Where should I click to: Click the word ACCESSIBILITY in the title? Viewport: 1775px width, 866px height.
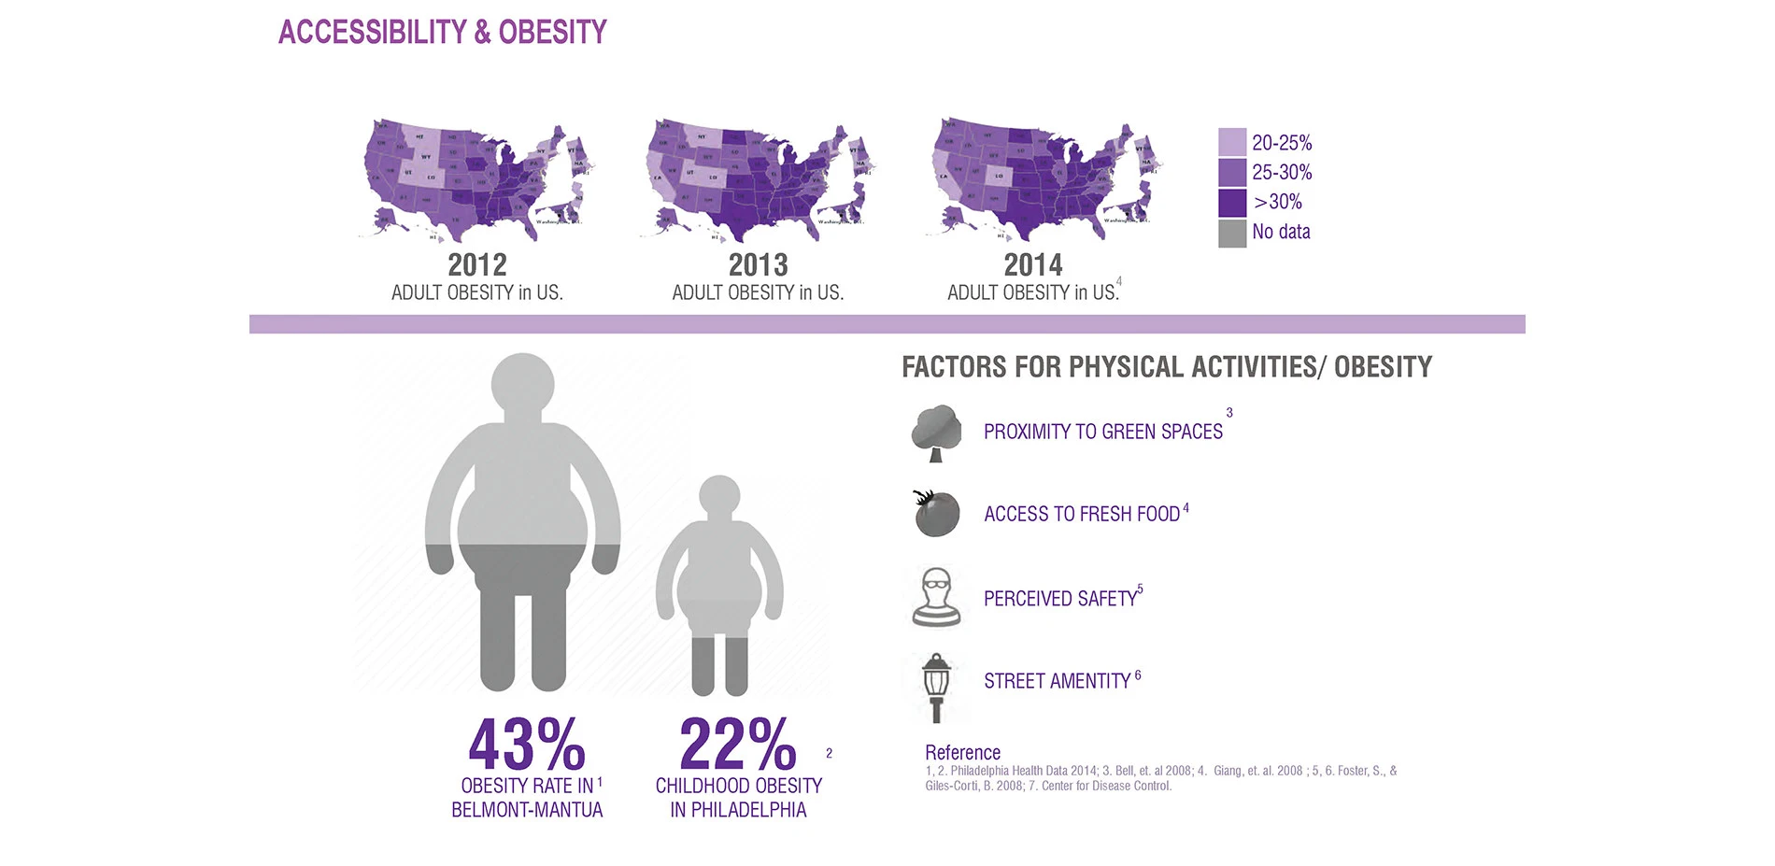372,33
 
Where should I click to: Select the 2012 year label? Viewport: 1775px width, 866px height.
477,265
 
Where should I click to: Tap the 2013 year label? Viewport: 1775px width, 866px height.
758,265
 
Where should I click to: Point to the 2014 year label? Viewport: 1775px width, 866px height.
1032,265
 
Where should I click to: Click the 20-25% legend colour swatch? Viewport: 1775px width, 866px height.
1231,143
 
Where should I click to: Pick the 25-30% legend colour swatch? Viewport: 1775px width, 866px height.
1231,173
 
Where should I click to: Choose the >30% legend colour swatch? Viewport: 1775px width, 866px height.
1231,203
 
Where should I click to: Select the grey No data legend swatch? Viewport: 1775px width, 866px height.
1231,233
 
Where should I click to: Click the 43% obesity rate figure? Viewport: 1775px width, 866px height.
527,745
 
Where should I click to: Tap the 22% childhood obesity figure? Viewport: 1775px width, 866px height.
738,745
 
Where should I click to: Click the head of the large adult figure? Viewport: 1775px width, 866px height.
523,385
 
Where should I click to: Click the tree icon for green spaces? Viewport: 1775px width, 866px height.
936,433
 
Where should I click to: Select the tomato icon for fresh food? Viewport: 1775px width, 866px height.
937,514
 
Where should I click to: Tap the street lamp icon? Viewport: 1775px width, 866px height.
936,686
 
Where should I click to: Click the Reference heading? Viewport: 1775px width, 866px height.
962,753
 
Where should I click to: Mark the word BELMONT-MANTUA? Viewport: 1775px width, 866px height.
527,810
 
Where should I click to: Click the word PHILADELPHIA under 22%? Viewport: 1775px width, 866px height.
748,810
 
